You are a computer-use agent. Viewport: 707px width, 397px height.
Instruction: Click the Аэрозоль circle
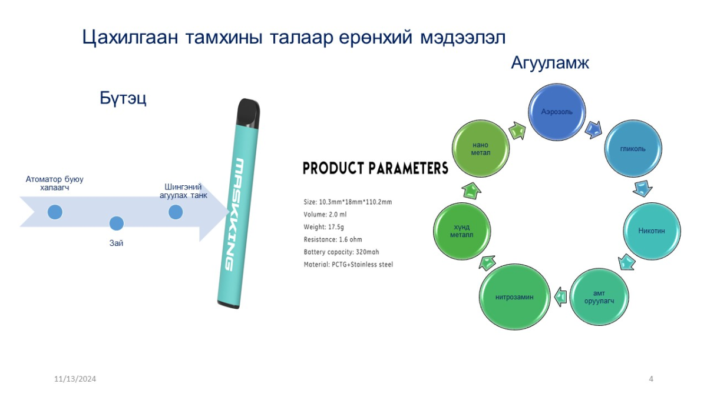(557, 112)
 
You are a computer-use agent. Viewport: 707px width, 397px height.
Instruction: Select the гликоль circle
(633, 148)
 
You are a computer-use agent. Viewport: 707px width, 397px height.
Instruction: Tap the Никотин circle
(652, 231)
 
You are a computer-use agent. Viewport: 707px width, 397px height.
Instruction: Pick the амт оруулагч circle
(599, 297)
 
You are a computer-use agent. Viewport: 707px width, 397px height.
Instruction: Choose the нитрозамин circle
(514, 297)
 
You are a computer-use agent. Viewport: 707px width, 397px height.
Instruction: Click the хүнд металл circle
(462, 231)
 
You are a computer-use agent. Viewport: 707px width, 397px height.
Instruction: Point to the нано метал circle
(481, 148)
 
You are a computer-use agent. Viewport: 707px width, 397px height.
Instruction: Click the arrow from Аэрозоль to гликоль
(593, 130)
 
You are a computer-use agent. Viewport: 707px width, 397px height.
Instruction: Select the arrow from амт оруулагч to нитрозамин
(560, 297)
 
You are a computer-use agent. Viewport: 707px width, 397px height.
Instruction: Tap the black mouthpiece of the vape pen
(249, 114)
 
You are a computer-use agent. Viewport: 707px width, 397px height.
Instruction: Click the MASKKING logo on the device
(235, 214)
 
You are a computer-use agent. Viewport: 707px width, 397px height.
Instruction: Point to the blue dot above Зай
(117, 223)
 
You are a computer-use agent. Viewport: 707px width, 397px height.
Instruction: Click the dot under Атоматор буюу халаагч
(55, 212)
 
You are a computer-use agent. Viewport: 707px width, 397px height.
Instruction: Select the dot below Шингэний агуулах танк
(176, 212)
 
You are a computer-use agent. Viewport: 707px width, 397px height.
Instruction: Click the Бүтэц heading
(123, 98)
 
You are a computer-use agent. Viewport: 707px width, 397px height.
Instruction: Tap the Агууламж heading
(550, 62)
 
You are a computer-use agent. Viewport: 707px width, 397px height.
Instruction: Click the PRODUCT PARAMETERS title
(376, 168)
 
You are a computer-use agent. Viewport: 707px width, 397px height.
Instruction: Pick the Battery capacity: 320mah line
(341, 252)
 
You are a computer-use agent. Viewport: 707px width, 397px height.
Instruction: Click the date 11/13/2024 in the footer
(75, 379)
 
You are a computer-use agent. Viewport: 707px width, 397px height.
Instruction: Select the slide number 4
(651, 379)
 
